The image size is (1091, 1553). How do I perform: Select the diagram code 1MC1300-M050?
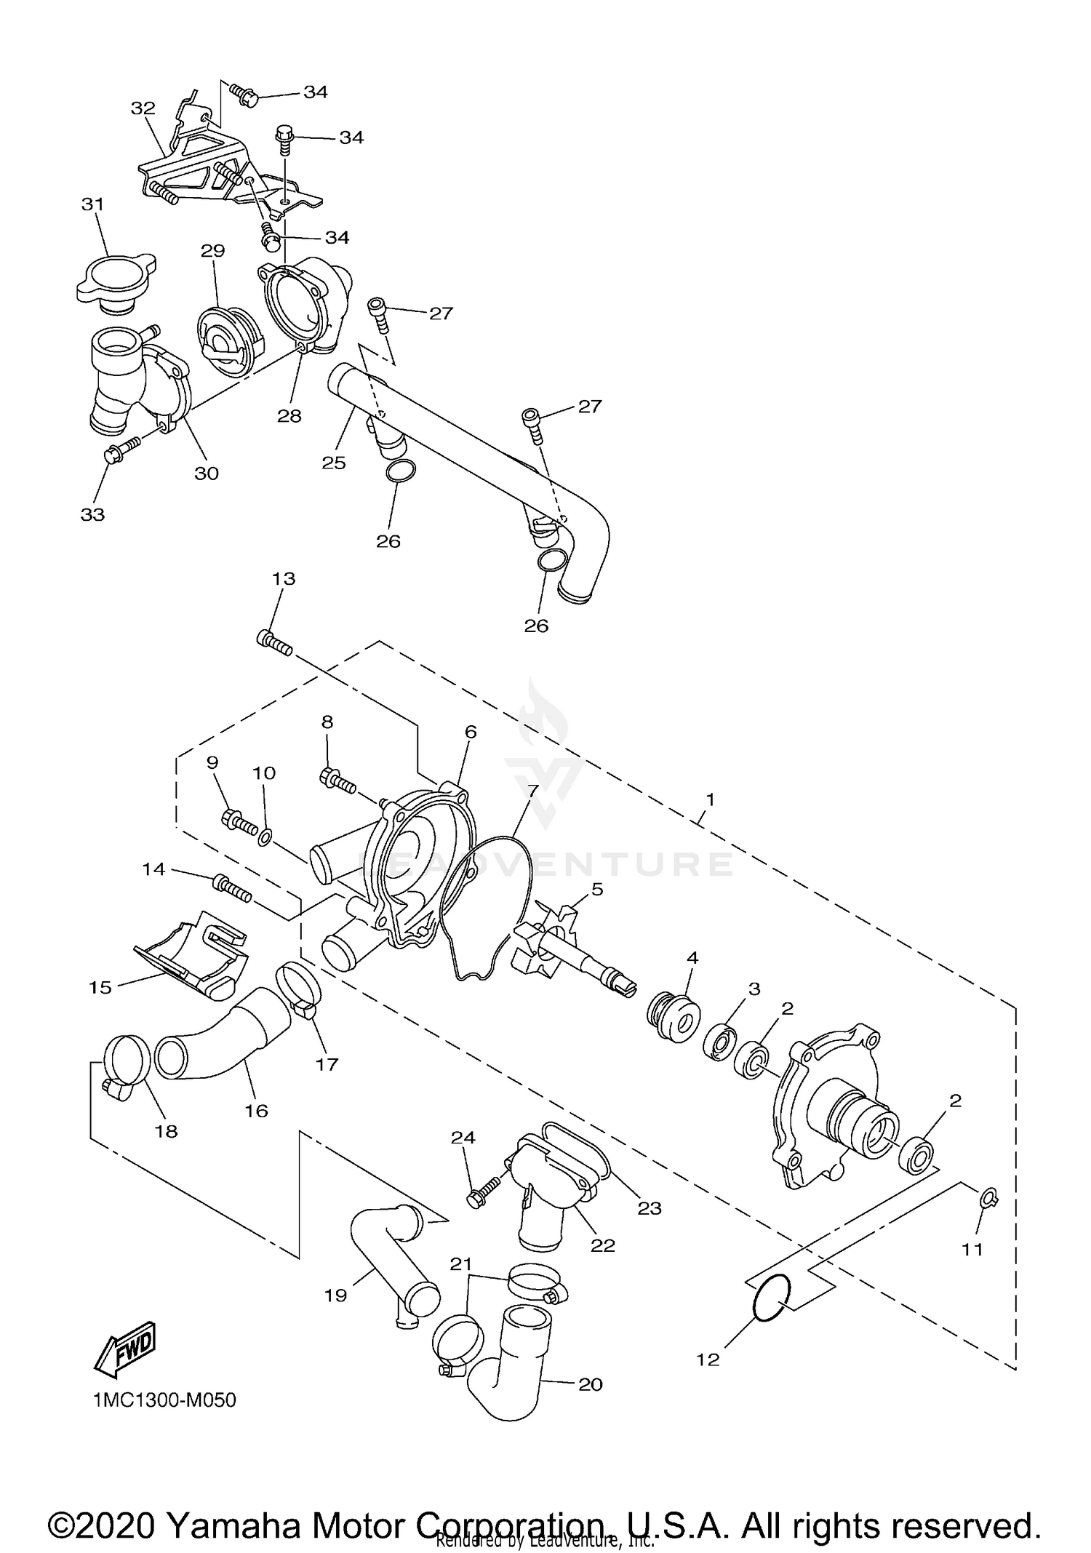click(x=164, y=1400)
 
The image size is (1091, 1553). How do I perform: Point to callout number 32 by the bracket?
click(x=143, y=108)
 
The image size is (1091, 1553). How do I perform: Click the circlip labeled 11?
click(x=989, y=1199)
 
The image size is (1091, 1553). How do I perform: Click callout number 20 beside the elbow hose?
click(x=591, y=1384)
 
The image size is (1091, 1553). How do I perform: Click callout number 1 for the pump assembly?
click(x=710, y=799)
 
